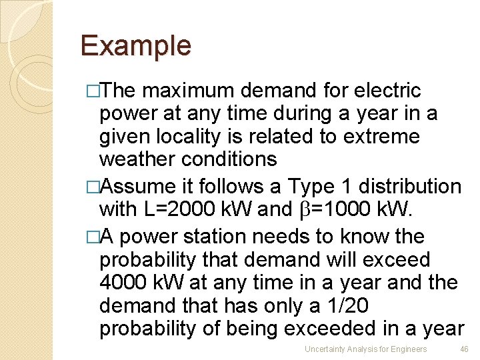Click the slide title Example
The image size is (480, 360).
[135, 45]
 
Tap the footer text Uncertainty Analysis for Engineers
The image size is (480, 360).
[365, 349]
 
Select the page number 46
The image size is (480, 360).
[465, 349]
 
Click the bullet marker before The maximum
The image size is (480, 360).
[92, 91]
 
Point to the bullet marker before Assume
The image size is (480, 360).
[92, 187]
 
